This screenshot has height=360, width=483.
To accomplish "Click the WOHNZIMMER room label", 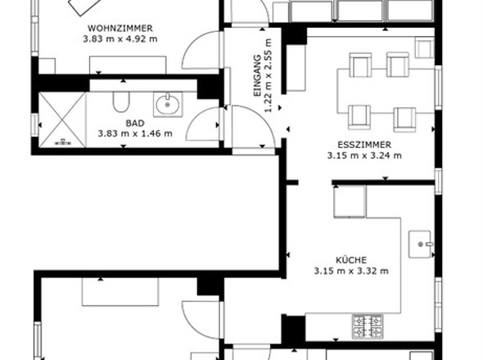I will pos(120,28).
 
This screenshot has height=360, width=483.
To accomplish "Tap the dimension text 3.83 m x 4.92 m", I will pos(120,38).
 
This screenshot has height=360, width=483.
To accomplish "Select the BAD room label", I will pos(134,123).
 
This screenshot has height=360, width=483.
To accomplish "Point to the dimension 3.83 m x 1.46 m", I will pos(134,133).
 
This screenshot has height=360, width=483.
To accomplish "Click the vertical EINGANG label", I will pos(257,76).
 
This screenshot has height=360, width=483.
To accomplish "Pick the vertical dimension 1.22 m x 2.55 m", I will pos(269,76).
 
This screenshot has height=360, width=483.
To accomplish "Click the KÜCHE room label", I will pos(350,259).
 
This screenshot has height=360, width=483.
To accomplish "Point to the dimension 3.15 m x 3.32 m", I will pos(350,270).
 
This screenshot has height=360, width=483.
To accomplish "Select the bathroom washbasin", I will pos(168,104).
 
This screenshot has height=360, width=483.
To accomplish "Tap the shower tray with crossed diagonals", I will pos(61,119).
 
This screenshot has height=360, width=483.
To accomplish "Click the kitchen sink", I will pos(421,244).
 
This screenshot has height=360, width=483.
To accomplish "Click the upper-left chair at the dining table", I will pos(360,65).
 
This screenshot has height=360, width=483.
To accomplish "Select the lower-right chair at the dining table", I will pos(404,118).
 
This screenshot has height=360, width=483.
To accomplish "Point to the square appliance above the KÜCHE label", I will pos(349,201).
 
